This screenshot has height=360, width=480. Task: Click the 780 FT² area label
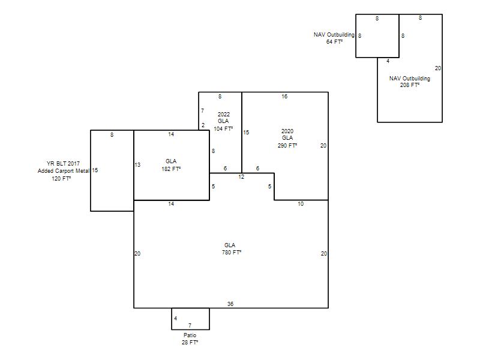232,253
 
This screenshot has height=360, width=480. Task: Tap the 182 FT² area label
171,169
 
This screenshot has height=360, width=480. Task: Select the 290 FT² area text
287,145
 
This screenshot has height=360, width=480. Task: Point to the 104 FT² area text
223,129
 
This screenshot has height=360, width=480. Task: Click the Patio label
190,335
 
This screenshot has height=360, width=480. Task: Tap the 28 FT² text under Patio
190,342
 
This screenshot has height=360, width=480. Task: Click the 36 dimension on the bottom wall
230,304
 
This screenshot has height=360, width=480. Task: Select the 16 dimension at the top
284,97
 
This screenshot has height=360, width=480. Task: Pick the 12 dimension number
241,176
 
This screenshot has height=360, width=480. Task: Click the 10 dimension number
301,204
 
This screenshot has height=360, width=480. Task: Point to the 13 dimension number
137,164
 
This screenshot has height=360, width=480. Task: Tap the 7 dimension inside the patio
190,325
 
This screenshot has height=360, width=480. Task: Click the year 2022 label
224,114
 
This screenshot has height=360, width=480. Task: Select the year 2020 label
287,131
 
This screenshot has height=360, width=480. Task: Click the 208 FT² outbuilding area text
410,85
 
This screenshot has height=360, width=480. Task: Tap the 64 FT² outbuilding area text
334,41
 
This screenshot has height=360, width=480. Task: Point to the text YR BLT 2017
63,163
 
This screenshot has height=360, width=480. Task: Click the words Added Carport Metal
64,171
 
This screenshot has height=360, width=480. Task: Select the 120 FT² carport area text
61,178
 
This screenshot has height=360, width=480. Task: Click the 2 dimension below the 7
203,125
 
